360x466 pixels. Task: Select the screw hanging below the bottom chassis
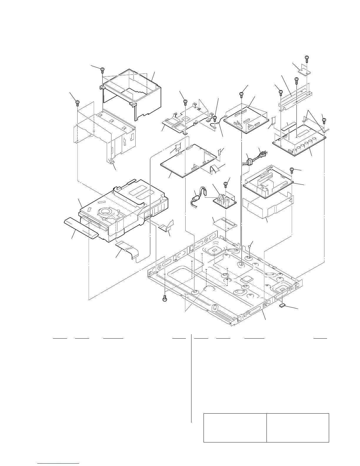[x=165, y=298]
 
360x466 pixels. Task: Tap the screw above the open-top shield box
[x=102, y=70]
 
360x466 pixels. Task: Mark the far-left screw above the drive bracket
[x=78, y=103]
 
